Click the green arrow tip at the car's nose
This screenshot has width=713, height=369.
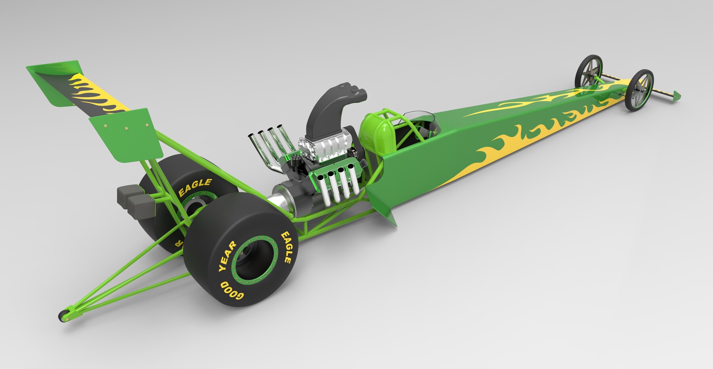click(x=677, y=95)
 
